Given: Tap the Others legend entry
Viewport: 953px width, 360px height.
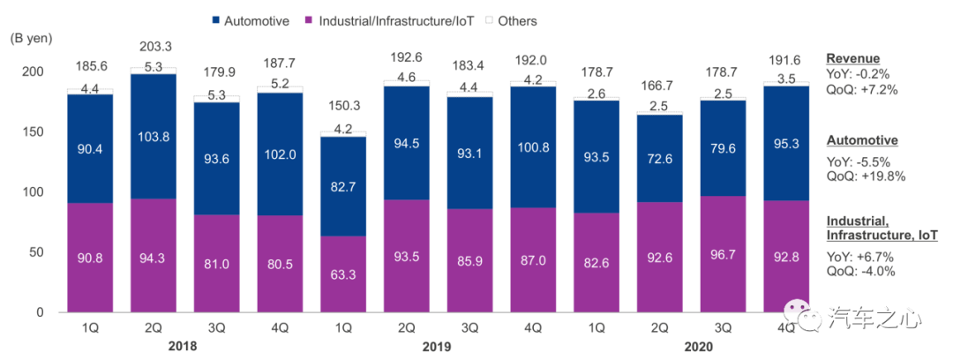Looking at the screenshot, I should point(516,20).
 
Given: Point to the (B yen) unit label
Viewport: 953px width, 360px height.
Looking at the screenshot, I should point(32,38).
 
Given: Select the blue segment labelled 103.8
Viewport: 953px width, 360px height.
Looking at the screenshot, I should point(154,136).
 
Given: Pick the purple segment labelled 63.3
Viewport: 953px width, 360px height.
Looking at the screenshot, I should point(344,274).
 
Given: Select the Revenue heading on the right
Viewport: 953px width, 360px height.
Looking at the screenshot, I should point(851,59).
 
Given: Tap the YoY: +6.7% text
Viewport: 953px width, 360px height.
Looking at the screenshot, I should point(859,257).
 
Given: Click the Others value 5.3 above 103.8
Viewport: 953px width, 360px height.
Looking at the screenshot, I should point(154,66).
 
